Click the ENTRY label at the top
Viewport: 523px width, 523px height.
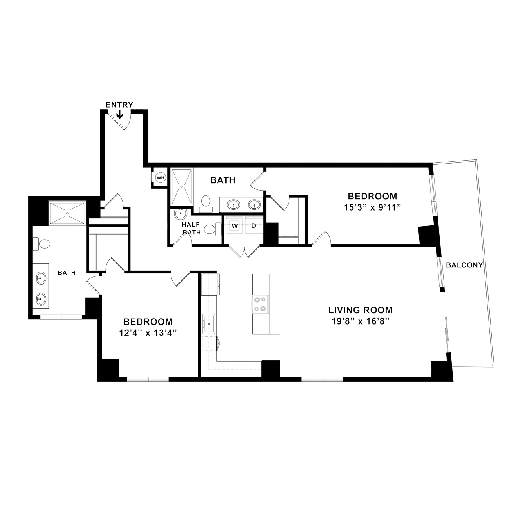pyautogui.click(x=119, y=105)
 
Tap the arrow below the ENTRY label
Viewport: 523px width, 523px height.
pyautogui.click(x=119, y=115)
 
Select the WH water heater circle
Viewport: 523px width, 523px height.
pyautogui.click(x=161, y=178)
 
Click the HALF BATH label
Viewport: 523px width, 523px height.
pyautogui.click(x=191, y=228)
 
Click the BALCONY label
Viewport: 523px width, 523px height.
pyautogui.click(x=464, y=265)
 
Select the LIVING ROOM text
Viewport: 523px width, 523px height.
pyautogui.click(x=361, y=310)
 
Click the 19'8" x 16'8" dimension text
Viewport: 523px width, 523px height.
pyautogui.click(x=361, y=322)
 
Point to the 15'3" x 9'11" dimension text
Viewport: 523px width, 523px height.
pyautogui.click(x=372, y=207)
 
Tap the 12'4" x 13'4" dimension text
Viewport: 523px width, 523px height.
pyautogui.click(x=148, y=333)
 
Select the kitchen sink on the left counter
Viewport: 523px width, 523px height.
pyautogui.click(x=208, y=323)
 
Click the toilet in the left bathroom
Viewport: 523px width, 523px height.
pyautogui.click(x=41, y=244)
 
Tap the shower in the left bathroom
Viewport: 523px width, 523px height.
pyautogui.click(x=67, y=213)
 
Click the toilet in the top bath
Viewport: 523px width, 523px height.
pyautogui.click(x=206, y=204)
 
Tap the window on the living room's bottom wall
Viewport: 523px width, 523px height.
pyautogui.click(x=322, y=379)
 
